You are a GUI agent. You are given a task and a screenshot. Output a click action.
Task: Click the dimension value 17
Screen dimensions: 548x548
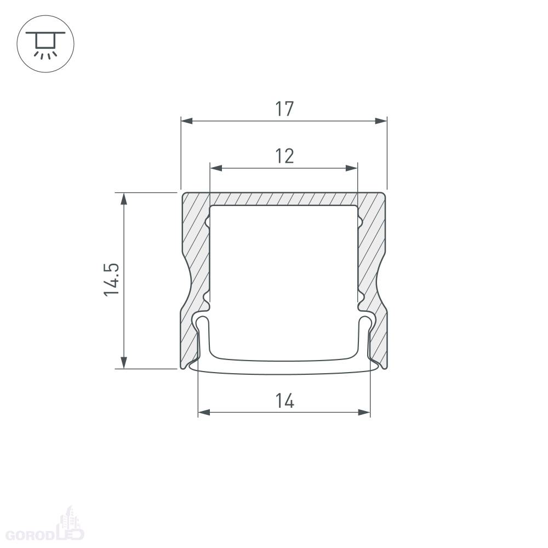[x=284, y=109]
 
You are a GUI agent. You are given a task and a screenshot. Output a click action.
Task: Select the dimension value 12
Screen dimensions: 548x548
[x=284, y=156]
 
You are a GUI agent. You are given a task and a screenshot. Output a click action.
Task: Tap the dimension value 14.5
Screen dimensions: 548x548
[x=112, y=279]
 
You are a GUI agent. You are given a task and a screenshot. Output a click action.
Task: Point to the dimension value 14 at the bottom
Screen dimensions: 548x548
[x=284, y=401]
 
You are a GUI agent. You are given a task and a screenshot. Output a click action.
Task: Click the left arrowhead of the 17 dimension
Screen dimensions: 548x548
[x=187, y=121]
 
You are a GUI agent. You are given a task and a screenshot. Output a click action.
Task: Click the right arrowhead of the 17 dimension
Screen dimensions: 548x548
[x=381, y=121]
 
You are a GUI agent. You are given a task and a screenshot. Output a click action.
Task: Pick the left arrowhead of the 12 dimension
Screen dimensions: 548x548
[x=216, y=168]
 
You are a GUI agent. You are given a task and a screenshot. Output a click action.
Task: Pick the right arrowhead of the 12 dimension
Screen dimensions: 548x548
[x=352, y=168]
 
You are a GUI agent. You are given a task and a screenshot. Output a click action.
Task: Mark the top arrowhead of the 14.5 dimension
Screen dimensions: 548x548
[x=124, y=198]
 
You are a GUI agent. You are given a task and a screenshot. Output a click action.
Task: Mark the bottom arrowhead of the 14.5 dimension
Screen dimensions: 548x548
[x=124, y=363]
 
